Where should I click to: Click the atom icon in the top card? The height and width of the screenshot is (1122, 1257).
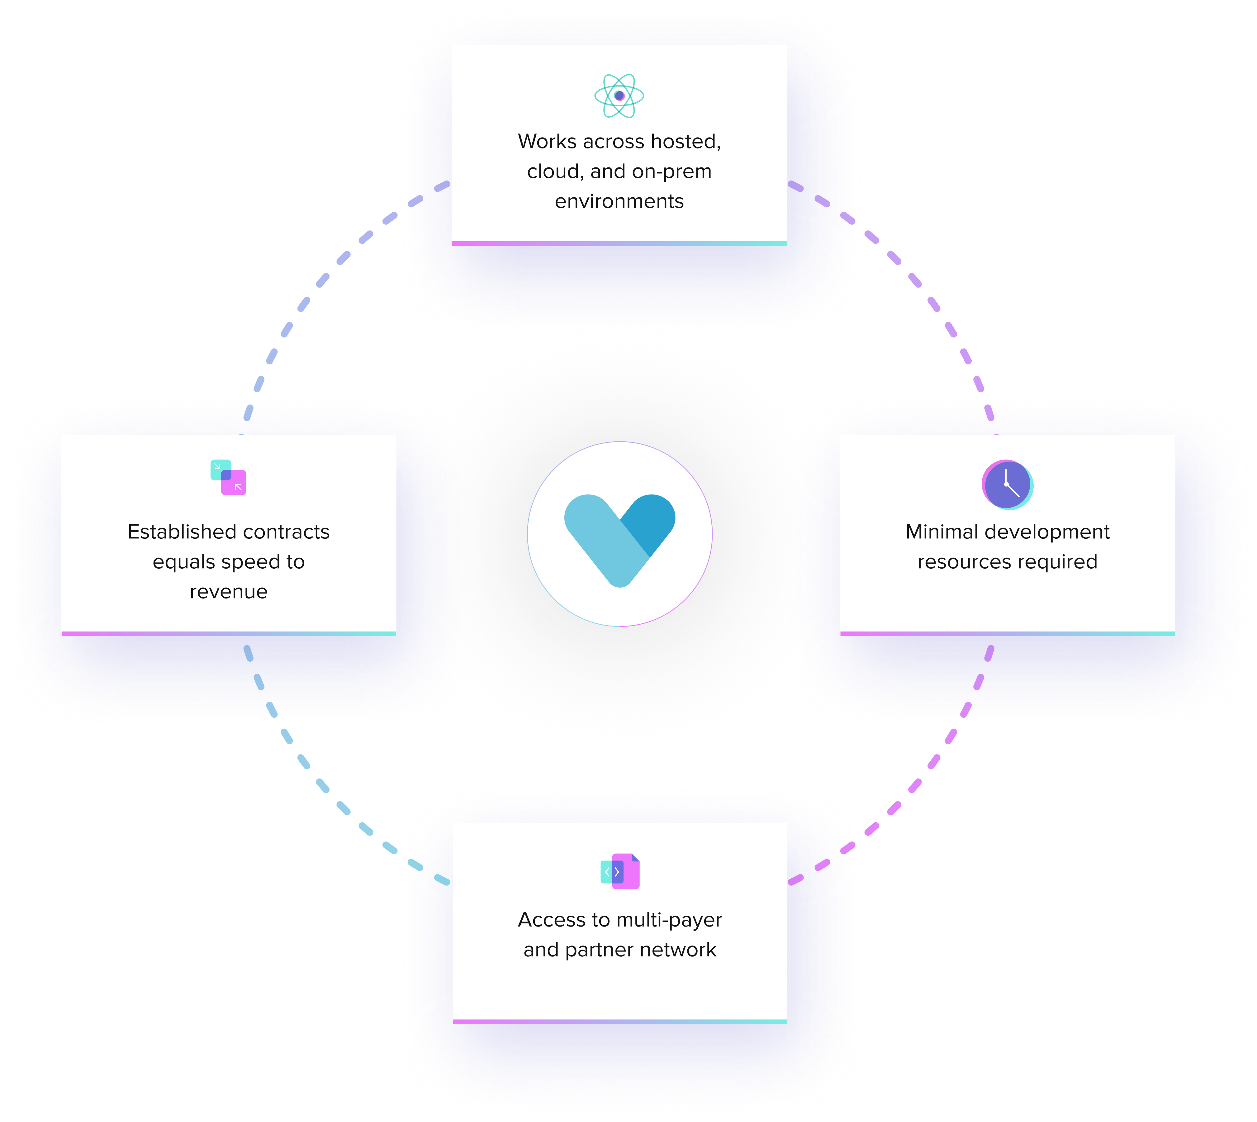click(x=619, y=96)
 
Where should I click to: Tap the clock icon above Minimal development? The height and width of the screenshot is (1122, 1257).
click(x=1007, y=485)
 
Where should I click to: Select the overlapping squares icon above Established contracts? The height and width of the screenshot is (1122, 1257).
click(x=228, y=477)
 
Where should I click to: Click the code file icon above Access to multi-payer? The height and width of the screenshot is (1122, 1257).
click(x=620, y=871)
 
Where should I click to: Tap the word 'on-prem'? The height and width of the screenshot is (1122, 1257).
click(x=672, y=171)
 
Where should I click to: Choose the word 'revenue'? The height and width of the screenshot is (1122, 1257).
click(x=228, y=592)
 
